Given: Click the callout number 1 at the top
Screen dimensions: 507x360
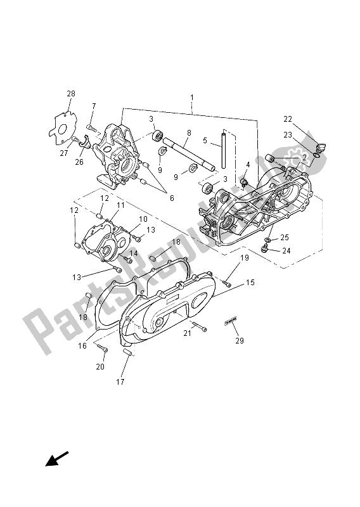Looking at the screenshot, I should (x=191, y=98).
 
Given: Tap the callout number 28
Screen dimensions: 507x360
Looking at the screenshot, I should (x=70, y=94).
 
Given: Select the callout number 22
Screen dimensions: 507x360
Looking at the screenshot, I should (x=288, y=119).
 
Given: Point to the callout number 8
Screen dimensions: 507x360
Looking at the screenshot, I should (x=188, y=133).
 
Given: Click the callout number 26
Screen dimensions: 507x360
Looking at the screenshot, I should (x=79, y=162).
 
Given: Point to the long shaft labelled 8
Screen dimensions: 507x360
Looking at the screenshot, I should (x=191, y=156).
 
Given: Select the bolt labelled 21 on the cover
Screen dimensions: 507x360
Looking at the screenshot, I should (x=198, y=328).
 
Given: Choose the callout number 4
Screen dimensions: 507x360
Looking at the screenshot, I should (x=248, y=165).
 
